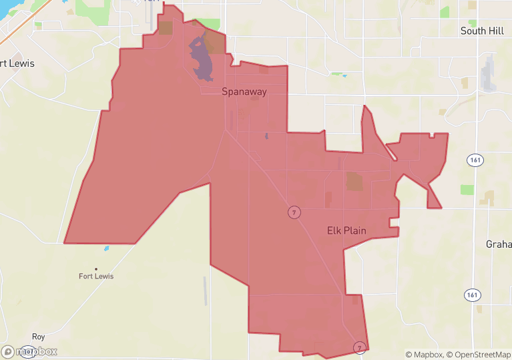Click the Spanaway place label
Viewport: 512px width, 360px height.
(244, 92)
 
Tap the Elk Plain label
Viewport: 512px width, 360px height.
(346, 230)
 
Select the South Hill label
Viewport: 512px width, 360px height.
(482, 31)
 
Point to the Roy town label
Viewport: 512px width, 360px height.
(38, 337)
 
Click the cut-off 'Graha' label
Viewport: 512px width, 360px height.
(499, 244)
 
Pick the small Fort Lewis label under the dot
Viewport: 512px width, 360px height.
(96, 276)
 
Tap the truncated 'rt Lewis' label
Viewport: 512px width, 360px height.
(17, 63)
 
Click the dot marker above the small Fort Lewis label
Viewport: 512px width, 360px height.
(96, 268)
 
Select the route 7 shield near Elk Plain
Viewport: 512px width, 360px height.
(294, 212)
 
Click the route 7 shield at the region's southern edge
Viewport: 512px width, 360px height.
(359, 347)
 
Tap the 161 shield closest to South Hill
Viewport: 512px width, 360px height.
(473, 160)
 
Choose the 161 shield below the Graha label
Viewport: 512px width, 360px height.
(473, 295)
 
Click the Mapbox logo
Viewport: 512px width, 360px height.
(29, 351)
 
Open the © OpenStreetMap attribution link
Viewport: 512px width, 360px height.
(479, 355)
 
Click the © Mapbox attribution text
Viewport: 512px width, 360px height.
(425, 355)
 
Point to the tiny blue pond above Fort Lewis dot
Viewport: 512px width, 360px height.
(106, 248)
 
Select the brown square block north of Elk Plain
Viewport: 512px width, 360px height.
(354, 181)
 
